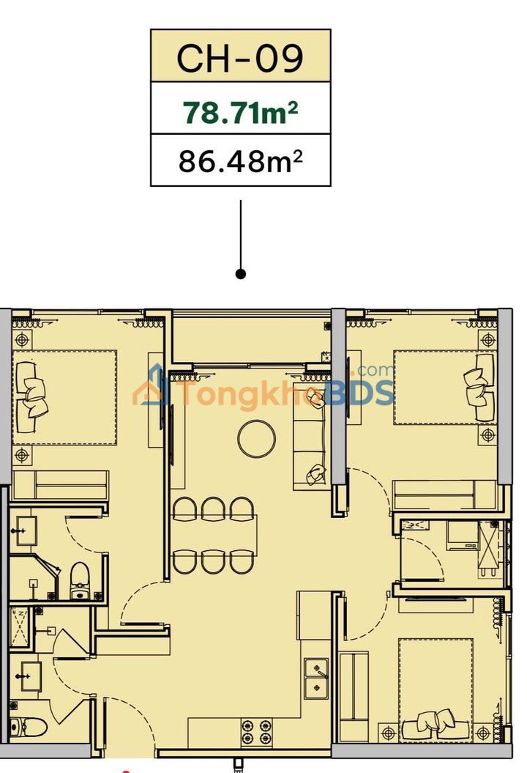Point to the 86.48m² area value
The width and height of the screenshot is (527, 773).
[x=240, y=160]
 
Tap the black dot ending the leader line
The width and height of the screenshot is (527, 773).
[x=241, y=273]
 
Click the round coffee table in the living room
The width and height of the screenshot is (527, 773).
[x=257, y=438]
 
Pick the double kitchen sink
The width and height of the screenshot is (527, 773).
[x=316, y=678]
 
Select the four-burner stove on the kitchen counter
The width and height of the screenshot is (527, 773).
[x=257, y=731]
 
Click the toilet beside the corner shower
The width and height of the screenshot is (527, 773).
[x=79, y=580]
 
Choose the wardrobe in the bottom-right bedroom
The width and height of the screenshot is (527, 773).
[x=356, y=686]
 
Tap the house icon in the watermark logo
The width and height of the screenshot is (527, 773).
[x=154, y=389]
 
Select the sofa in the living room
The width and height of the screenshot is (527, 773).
[x=311, y=436]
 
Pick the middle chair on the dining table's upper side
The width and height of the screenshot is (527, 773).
[x=212, y=508]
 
